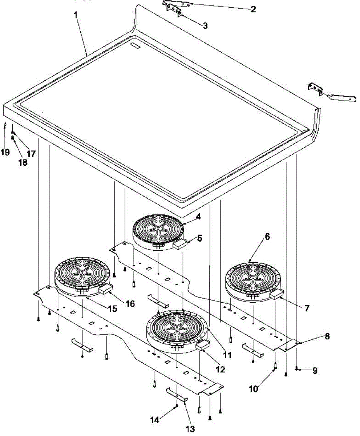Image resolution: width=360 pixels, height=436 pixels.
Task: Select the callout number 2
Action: point(253,9)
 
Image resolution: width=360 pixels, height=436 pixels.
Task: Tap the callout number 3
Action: point(205,25)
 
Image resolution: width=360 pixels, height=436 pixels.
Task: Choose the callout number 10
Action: point(254,388)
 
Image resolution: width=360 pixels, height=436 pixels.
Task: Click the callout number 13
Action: point(190,429)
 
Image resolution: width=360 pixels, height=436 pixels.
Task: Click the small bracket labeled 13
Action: point(177,394)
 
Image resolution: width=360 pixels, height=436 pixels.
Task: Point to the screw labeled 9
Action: point(297,369)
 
